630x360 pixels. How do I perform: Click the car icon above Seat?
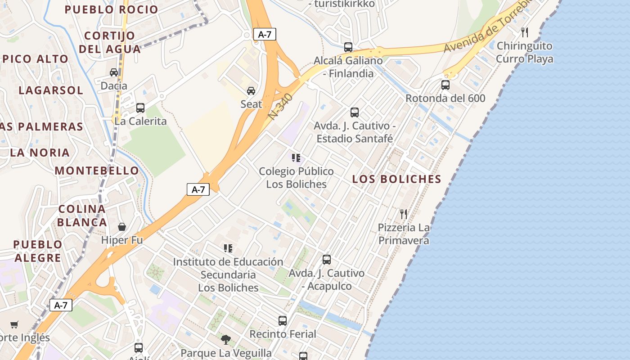click(x=251, y=91)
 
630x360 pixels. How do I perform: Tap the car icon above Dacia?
click(x=114, y=72)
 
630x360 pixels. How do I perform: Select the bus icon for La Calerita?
click(x=140, y=108)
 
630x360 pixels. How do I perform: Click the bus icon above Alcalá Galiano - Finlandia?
click(x=348, y=47)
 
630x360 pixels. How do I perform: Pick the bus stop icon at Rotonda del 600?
click(x=445, y=85)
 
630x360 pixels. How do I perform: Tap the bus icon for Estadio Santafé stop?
click(x=355, y=112)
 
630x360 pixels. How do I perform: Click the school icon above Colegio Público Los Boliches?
click(x=296, y=158)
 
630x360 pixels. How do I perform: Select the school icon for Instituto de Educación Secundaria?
click(x=228, y=248)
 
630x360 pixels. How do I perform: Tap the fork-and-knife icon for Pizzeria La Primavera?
click(x=404, y=214)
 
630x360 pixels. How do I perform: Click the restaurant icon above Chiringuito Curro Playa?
click(x=524, y=32)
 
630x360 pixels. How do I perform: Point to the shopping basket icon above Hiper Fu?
click(x=122, y=227)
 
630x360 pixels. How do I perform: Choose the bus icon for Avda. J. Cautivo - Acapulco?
click(x=327, y=260)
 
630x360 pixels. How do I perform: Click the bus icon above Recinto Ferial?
click(x=283, y=321)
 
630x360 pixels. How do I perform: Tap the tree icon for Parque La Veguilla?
click(x=226, y=339)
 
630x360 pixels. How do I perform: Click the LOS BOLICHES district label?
click(x=396, y=179)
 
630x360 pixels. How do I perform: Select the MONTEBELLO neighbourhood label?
click(x=97, y=171)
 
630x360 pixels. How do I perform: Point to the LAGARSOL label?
click(x=51, y=90)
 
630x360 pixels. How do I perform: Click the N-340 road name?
click(x=280, y=107)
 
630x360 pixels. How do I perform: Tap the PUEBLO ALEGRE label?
click(x=37, y=251)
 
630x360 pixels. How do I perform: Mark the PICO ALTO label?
click(x=35, y=59)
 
